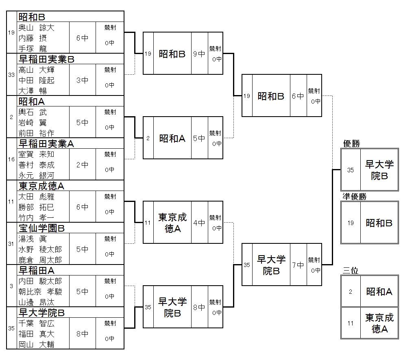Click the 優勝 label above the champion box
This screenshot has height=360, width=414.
click(x=351, y=144)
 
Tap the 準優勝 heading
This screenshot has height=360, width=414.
click(x=354, y=197)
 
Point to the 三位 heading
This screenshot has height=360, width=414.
click(x=351, y=271)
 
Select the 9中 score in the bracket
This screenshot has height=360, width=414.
click(x=199, y=54)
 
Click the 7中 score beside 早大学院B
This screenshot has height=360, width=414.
click(x=298, y=265)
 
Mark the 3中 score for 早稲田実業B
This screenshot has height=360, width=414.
click(x=82, y=80)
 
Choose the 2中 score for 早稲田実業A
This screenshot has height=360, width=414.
click(x=82, y=165)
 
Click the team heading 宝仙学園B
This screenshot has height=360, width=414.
click(x=42, y=228)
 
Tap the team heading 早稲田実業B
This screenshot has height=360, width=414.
click(x=47, y=59)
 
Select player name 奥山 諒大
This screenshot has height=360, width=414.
click(x=36, y=28)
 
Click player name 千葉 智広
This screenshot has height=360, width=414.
click(x=36, y=324)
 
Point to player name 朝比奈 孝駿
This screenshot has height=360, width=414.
click(x=40, y=292)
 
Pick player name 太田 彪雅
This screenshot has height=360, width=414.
click(x=36, y=197)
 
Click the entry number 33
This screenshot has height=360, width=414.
click(x=11, y=75)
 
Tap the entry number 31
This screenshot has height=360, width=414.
click(x=11, y=244)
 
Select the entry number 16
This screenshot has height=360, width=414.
click(x=11, y=159)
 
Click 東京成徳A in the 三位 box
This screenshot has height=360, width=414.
click(x=379, y=323)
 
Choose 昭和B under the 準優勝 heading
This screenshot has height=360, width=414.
click(x=379, y=223)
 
